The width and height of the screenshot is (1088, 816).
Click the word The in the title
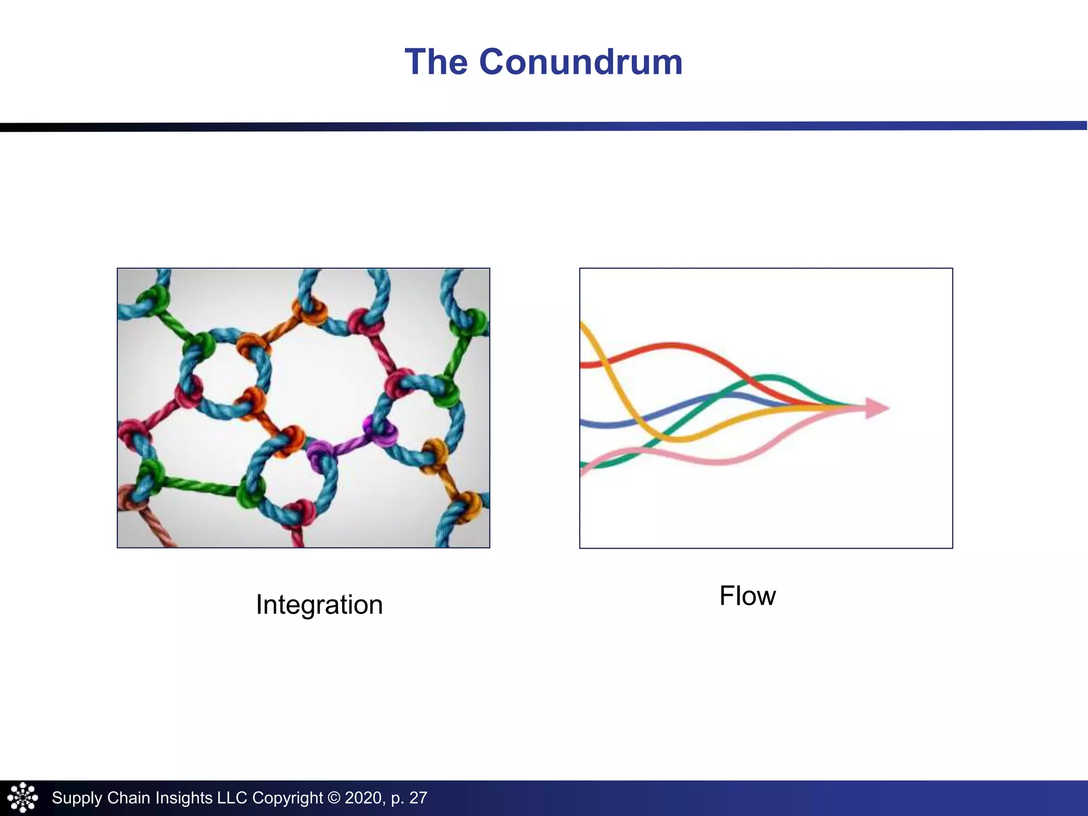[436, 62]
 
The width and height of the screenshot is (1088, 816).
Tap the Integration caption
[319, 605]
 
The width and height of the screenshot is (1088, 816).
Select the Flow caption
[747, 596]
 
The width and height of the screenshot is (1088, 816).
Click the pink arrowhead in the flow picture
[877, 408]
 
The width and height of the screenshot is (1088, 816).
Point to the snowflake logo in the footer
[22, 797]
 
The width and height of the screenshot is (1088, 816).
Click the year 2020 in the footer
[362, 798]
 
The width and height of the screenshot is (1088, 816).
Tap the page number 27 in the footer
[418, 798]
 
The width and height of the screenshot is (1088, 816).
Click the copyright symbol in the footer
[334, 798]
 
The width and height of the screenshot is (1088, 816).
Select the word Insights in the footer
[184, 798]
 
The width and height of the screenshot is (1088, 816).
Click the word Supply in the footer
[76, 798]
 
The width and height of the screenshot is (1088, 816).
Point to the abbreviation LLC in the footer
[232, 798]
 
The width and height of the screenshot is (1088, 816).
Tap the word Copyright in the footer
[287, 798]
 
